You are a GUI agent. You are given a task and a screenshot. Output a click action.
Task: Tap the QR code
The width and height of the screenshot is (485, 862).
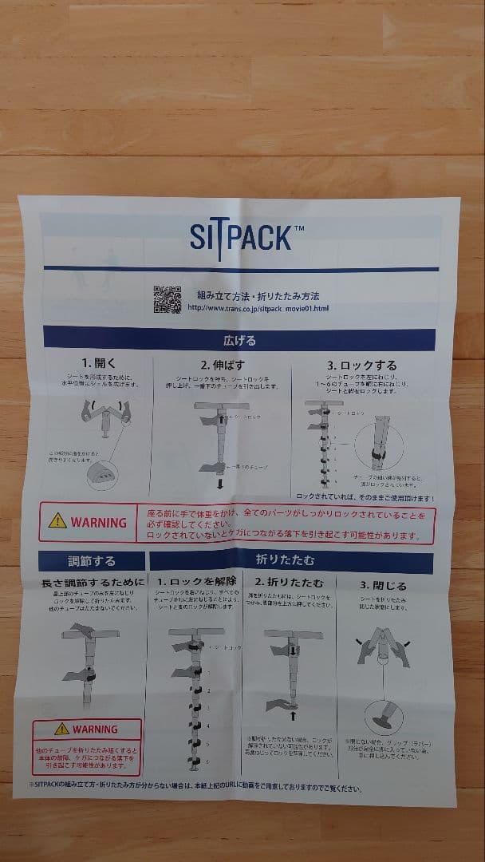167,299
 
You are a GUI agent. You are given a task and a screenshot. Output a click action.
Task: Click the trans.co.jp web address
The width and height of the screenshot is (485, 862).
258,308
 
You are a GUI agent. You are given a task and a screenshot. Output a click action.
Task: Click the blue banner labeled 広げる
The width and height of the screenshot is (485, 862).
239,340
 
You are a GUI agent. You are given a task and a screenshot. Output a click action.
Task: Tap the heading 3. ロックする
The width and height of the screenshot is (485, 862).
361,366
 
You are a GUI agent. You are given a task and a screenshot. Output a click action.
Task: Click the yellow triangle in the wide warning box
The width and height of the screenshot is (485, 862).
57,521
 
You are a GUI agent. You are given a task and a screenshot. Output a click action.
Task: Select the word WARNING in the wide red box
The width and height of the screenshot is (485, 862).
98,523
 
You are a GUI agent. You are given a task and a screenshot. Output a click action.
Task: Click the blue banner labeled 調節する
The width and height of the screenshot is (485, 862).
92,562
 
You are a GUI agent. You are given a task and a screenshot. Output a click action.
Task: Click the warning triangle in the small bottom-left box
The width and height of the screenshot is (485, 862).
61,729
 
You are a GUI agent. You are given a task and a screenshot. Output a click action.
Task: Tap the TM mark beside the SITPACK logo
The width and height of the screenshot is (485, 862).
298,227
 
